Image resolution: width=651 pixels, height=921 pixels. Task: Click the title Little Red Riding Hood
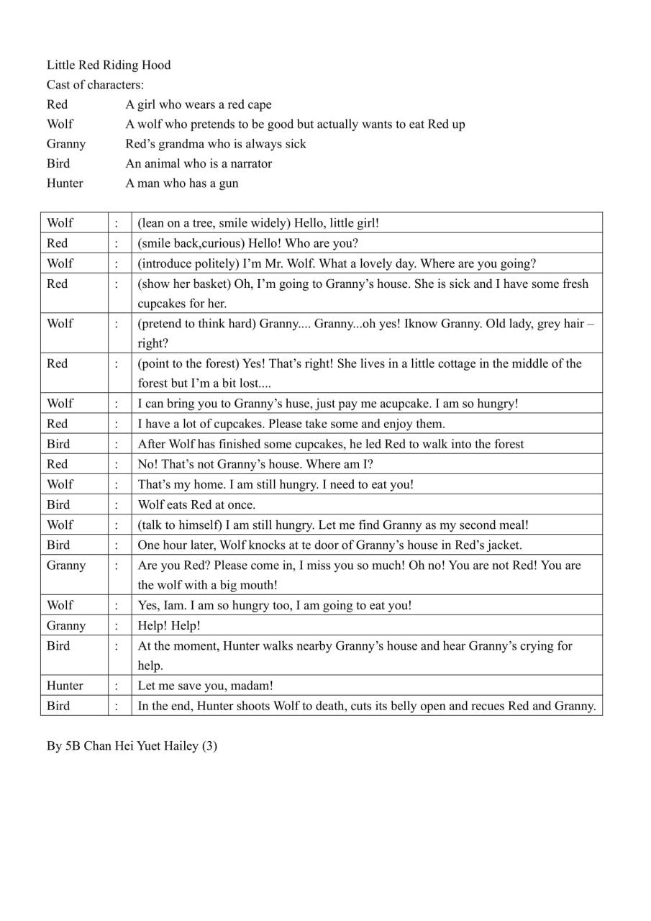coord(109,65)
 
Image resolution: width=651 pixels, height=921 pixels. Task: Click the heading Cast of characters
coord(95,85)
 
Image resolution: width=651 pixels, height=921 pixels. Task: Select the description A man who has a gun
coord(182,183)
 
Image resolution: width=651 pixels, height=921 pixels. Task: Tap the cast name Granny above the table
coord(66,144)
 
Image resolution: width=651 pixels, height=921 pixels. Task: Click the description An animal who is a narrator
coord(199,163)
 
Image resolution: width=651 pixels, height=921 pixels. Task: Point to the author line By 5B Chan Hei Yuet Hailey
coord(132,746)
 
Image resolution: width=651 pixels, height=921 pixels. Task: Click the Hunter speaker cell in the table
coord(65,686)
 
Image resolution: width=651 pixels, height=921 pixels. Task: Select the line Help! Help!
coord(169,626)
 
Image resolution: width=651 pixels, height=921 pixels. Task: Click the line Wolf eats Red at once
coord(196,504)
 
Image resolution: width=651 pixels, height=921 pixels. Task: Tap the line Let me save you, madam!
coord(205,686)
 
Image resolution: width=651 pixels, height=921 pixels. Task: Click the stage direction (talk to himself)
coord(178,525)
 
